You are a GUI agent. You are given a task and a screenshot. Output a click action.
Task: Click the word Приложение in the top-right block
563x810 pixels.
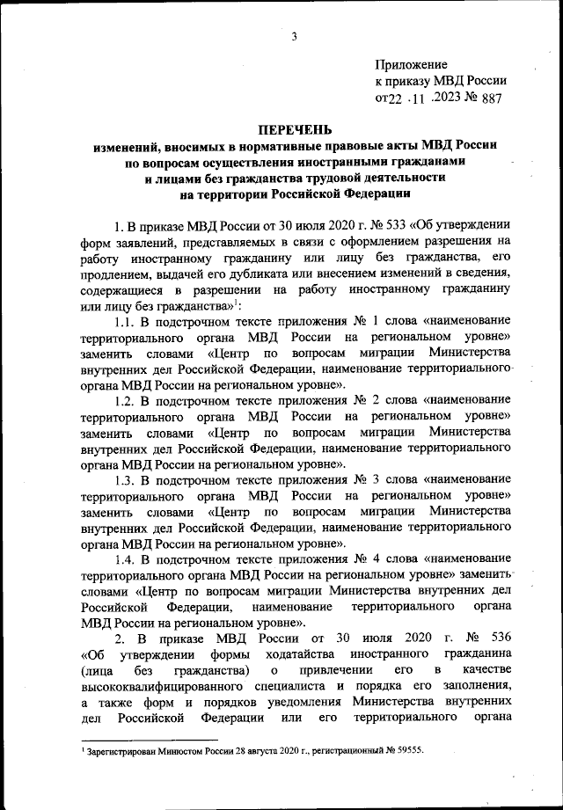(x=411, y=65)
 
